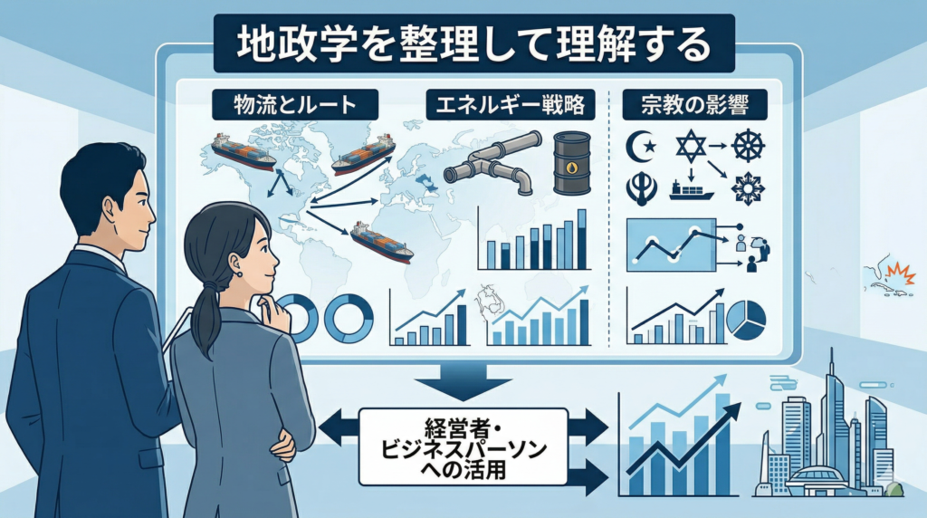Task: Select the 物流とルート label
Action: [283, 105]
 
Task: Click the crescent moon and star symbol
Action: [640, 144]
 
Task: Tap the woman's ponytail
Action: [206, 312]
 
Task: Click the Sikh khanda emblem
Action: [641, 187]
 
